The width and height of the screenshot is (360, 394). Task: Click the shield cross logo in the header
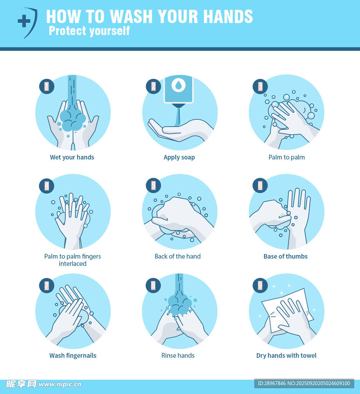28,23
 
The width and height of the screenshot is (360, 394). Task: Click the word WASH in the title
131,17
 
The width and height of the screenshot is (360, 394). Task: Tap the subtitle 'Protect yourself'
89,31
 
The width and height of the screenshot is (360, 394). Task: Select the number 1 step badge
47,86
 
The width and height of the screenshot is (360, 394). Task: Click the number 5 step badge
153,185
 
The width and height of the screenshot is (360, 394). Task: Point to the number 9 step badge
260,285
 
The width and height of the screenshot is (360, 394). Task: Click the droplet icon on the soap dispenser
178,85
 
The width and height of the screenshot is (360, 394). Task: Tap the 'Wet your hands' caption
72,157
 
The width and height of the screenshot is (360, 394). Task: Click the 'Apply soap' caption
179,157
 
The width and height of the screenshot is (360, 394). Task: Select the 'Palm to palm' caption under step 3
287,157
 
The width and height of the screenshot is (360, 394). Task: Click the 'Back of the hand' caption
178,256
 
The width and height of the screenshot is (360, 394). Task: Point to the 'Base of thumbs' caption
286,256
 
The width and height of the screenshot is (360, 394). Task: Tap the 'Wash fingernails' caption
73,356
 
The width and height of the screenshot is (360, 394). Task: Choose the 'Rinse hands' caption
178,355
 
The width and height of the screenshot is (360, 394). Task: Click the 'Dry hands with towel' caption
287,356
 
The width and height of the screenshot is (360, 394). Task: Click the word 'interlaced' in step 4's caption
73,264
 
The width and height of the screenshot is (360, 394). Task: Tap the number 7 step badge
47,285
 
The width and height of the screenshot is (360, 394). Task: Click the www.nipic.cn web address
60,384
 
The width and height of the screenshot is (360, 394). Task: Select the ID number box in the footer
304,384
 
